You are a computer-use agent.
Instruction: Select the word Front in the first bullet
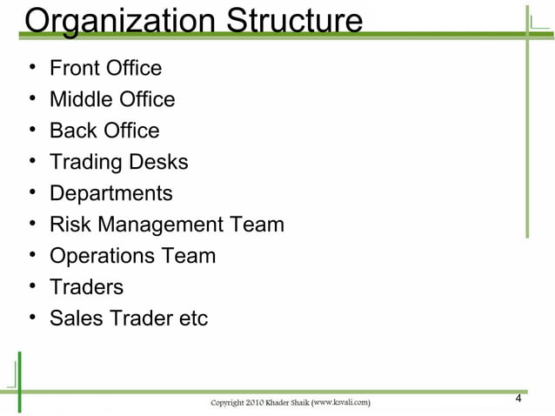tap(74, 68)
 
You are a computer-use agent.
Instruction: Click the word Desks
tap(158, 162)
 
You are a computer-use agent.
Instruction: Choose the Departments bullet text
tap(110, 194)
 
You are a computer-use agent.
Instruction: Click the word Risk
tap(70, 225)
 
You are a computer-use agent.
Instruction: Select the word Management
tap(160, 225)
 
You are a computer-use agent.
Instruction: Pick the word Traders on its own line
tap(86, 287)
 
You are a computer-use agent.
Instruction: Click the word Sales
tap(75, 319)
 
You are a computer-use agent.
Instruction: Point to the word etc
tap(192, 319)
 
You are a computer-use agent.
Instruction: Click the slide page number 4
tap(518, 399)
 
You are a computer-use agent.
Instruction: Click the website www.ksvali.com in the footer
tap(339, 402)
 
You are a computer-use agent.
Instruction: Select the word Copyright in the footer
tap(233, 402)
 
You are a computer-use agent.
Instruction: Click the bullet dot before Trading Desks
tap(32, 162)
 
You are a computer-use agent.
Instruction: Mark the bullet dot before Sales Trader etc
tap(32, 319)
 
